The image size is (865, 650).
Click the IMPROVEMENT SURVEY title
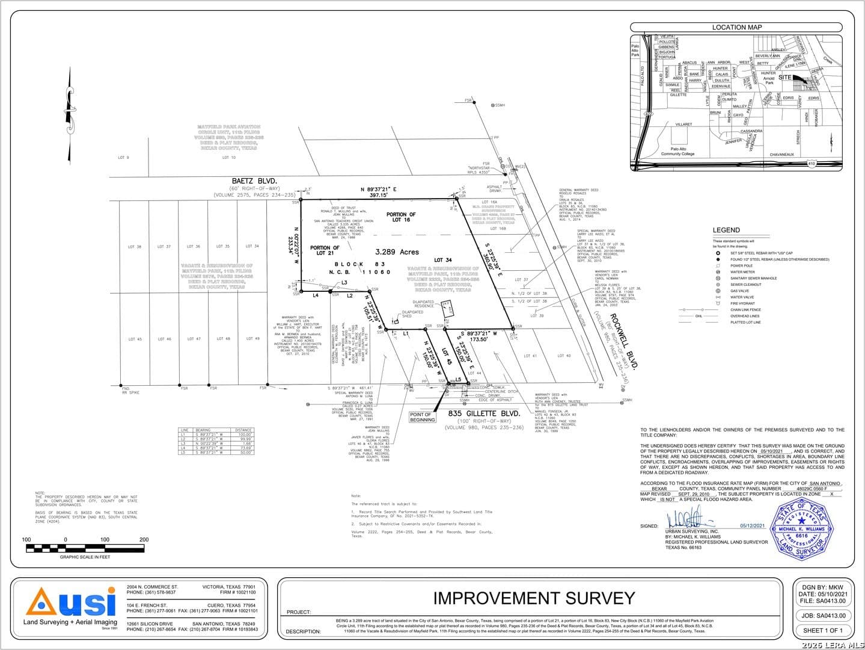534,598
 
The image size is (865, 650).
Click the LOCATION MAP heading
736,27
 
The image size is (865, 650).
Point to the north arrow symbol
69,105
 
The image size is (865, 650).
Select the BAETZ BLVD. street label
254,181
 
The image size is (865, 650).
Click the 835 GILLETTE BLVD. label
484,413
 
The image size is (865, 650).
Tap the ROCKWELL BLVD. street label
623,341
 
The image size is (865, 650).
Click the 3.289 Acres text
397,252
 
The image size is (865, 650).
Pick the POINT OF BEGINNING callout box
422,416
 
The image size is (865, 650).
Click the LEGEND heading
726,230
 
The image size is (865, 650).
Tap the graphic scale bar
85,548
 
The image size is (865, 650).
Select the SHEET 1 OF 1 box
822,630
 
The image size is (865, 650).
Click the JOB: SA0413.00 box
822,615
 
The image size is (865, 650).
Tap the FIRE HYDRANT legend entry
742,303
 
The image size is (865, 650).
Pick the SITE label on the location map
784,78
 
